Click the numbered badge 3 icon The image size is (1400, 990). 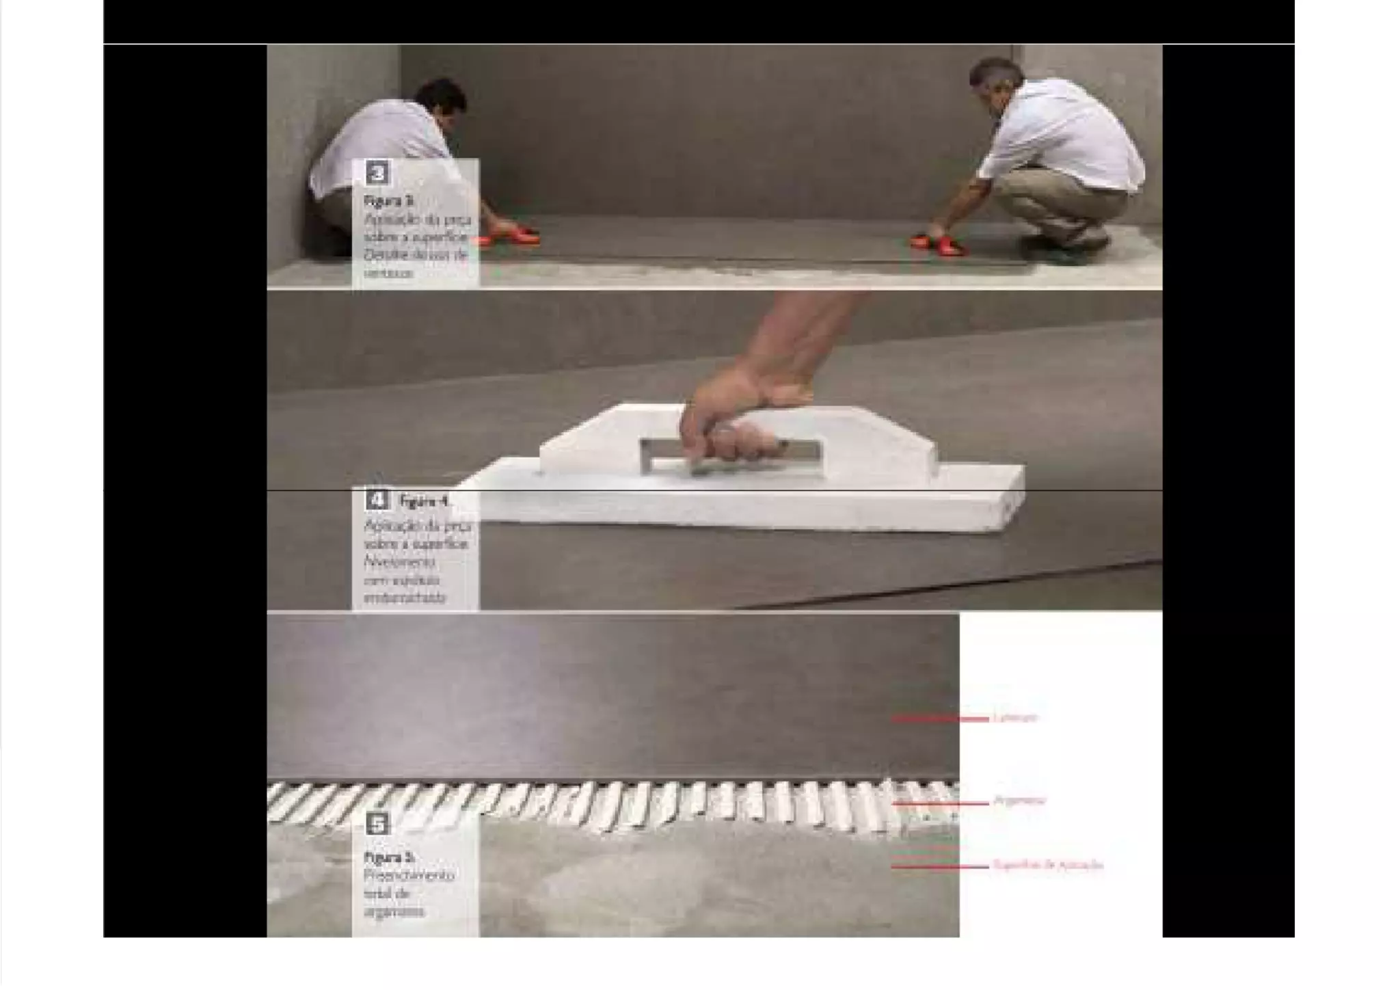377,173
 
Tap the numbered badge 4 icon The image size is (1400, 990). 377,500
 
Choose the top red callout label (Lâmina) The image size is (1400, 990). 1016,718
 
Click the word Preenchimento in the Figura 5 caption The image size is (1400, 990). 409,876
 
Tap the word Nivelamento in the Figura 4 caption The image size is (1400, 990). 400,562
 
